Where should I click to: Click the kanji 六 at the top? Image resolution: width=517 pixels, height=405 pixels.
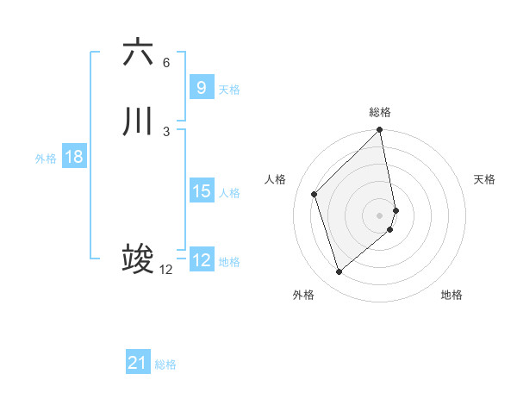(x=138, y=53)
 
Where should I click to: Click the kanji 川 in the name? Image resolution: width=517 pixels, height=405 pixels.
(x=138, y=121)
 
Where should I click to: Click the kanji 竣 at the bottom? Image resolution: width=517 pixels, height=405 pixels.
(x=138, y=259)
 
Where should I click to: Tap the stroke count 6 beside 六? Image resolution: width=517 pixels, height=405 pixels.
(x=166, y=62)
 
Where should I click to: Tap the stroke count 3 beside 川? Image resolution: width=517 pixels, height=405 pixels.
(x=166, y=131)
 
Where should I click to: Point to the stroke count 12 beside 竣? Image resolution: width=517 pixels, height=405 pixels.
(x=166, y=270)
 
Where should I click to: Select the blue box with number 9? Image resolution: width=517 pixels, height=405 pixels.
(x=201, y=88)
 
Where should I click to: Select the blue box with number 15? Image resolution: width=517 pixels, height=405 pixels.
(x=201, y=191)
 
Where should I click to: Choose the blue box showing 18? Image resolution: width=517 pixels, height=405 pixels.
(x=73, y=157)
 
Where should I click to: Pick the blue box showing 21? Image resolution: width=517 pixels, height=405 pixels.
(x=137, y=363)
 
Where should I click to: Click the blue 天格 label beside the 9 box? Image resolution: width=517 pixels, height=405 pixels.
(x=229, y=90)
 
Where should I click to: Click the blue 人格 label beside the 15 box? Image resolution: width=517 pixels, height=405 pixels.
(x=229, y=193)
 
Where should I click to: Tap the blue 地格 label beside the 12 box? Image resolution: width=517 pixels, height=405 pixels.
(x=229, y=262)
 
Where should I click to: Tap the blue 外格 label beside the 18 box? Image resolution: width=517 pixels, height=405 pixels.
(x=46, y=159)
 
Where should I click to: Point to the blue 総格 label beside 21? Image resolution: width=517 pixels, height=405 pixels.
(x=165, y=364)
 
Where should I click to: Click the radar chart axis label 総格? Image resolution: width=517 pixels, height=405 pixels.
(x=380, y=113)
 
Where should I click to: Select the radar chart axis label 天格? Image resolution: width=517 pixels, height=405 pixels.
(x=484, y=179)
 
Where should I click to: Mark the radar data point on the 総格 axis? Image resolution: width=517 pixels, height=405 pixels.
(x=380, y=131)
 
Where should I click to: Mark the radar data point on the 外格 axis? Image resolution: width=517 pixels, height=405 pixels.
(x=339, y=272)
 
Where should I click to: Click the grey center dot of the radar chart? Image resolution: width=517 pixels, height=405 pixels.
(x=380, y=215)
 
